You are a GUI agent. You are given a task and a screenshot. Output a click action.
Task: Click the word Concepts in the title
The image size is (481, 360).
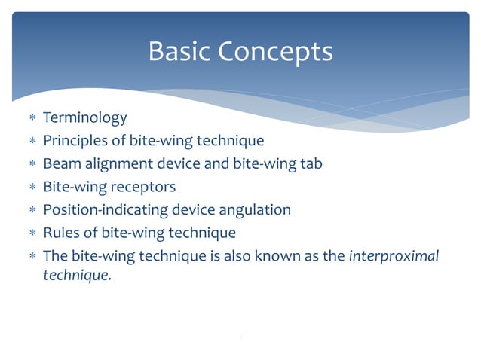[276, 52]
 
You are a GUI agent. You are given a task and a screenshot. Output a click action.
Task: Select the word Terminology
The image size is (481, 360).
[84, 118]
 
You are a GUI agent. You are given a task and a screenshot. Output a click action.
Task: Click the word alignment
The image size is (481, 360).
[117, 163]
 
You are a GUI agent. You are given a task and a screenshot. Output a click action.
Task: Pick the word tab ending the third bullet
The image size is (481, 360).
[311, 163]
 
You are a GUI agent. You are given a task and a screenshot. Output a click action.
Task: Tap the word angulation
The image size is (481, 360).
[253, 209]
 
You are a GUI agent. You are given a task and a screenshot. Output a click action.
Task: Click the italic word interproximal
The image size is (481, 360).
[394, 255]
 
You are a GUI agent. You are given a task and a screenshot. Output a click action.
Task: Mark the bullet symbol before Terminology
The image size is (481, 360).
[31, 119]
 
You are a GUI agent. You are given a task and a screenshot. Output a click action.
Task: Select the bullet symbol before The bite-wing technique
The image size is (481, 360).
[31, 256]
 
